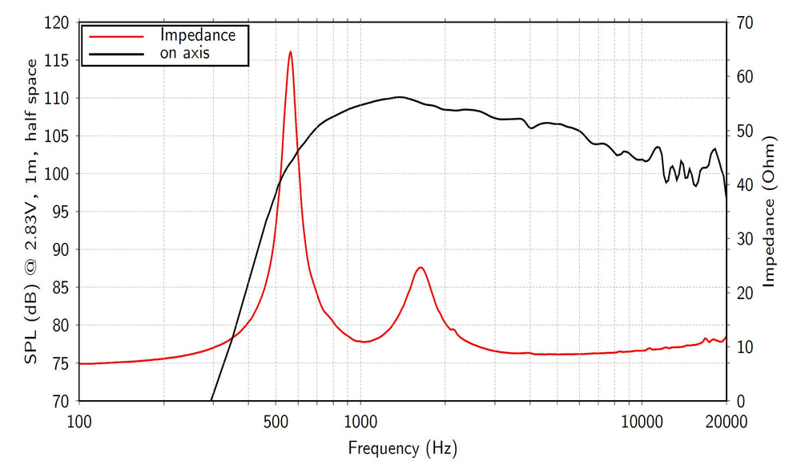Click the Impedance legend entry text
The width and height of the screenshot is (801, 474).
click(x=197, y=35)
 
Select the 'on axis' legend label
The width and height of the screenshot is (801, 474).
click(x=185, y=54)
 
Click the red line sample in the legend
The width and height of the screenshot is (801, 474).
click(x=116, y=36)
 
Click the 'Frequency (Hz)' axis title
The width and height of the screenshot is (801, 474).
click(x=402, y=448)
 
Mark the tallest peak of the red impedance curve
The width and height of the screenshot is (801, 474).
click(x=290, y=51)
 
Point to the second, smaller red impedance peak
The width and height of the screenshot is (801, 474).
click(x=420, y=267)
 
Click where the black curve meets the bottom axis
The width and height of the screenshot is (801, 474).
click(x=211, y=400)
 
